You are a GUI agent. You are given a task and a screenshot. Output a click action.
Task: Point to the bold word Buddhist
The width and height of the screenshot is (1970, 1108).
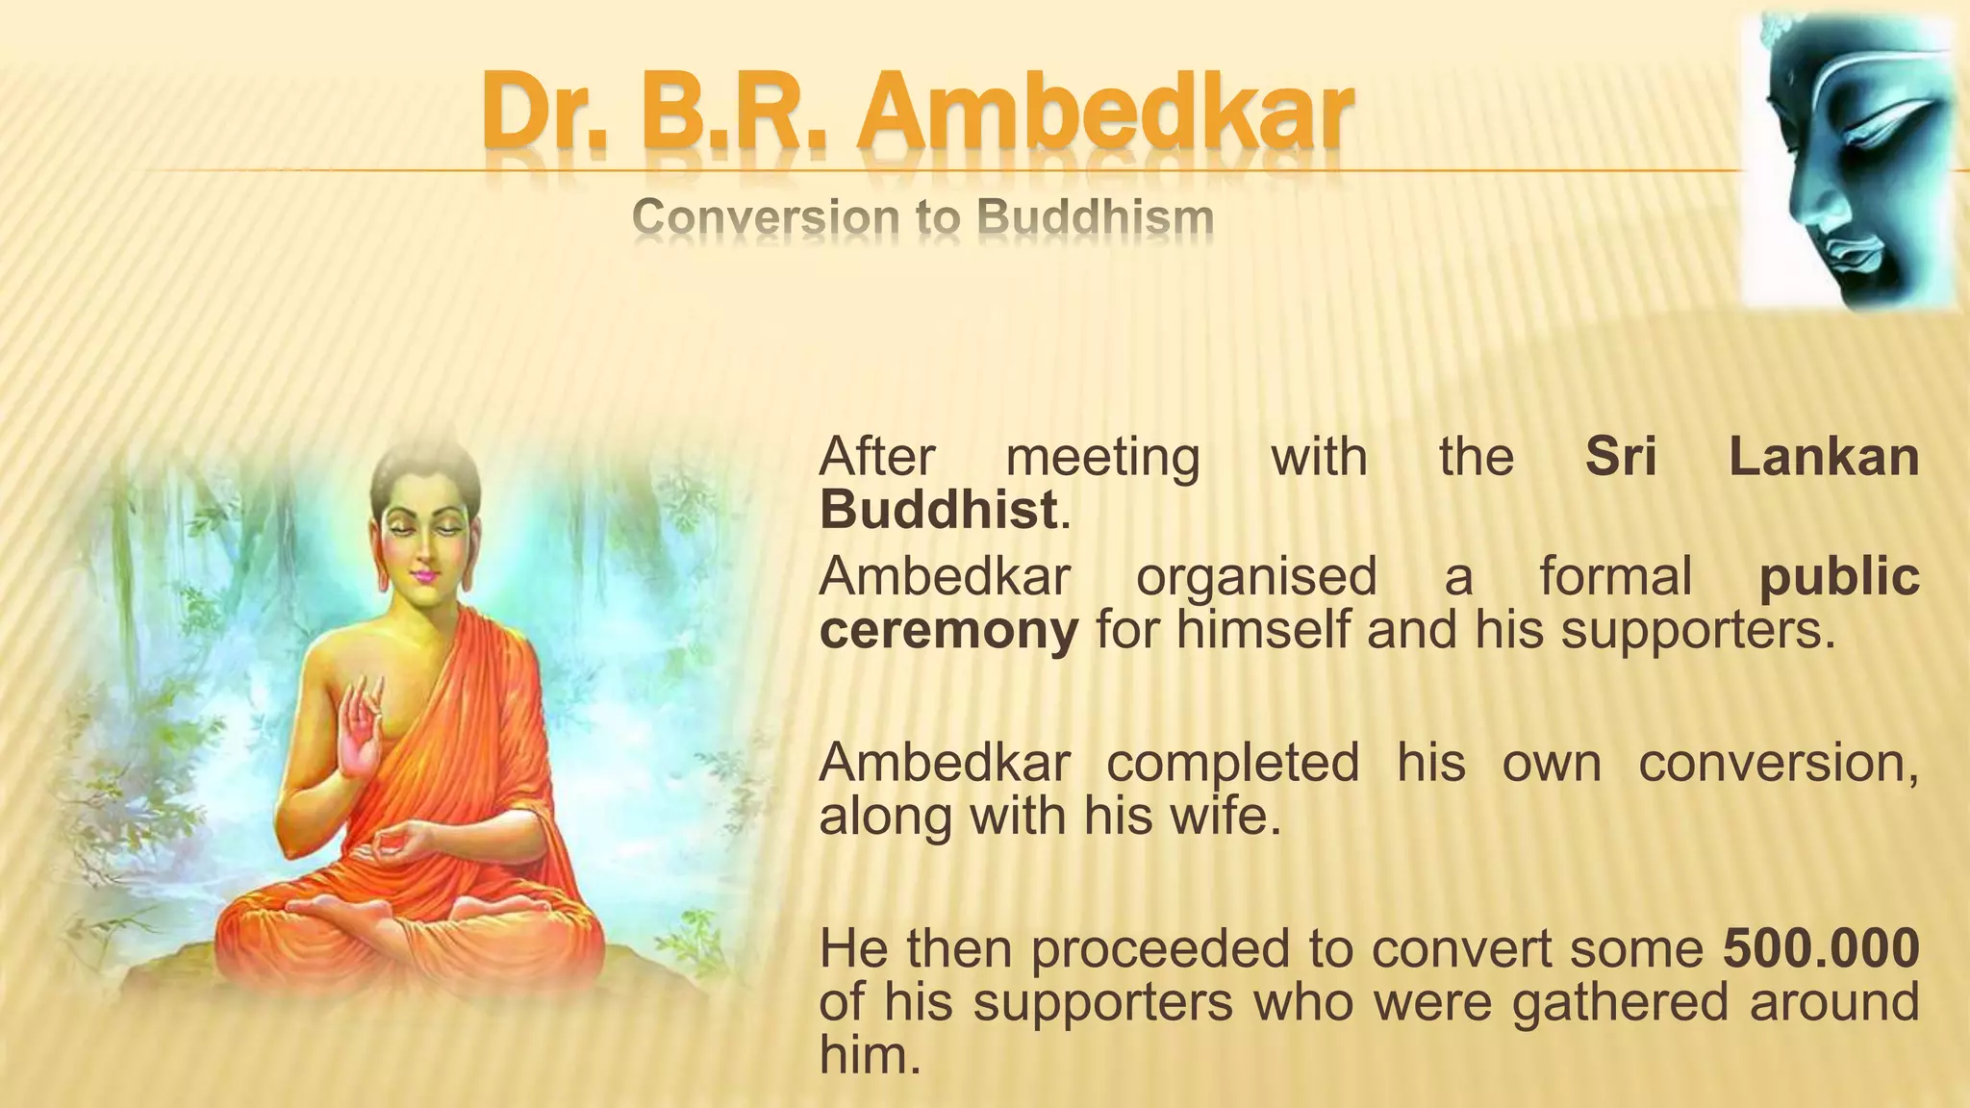pos(938,510)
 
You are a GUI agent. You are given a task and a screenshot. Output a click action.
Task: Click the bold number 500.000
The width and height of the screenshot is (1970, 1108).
pos(1821,948)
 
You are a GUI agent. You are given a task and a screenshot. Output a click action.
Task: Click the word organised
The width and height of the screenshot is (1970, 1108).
pos(1256,577)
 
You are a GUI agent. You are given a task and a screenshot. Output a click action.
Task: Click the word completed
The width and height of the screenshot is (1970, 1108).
pos(1232,763)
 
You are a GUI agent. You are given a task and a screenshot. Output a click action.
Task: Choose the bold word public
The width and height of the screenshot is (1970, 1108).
pos(1838,577)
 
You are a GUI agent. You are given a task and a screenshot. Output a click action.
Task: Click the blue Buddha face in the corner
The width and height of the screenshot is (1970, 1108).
pos(1847,164)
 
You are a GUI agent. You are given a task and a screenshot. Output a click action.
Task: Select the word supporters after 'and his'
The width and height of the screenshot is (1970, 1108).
pos(1698,631)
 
